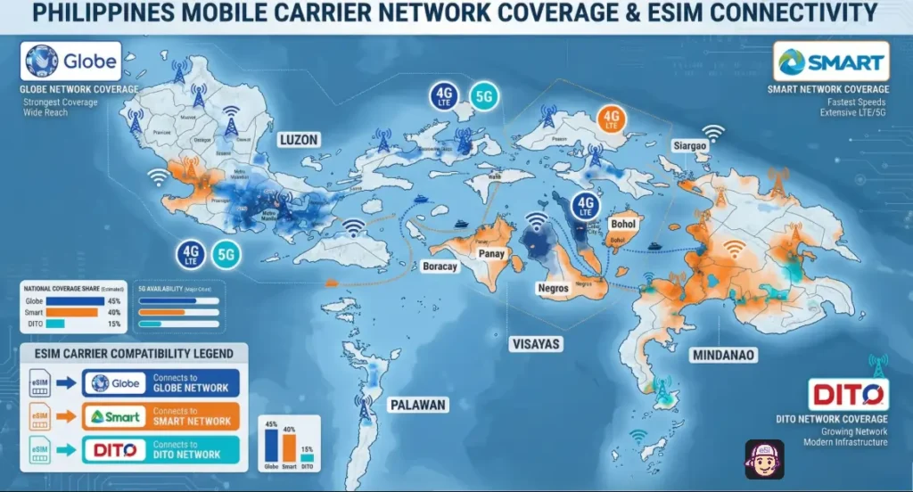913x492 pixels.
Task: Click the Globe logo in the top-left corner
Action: (x=70, y=61)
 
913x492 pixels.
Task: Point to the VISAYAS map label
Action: (x=535, y=343)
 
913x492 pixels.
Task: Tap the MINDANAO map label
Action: (x=722, y=355)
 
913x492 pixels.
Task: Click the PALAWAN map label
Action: (x=416, y=405)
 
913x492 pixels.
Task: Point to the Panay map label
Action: (x=491, y=253)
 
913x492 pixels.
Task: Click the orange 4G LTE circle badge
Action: (x=611, y=119)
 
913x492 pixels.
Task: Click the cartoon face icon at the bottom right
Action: (x=764, y=459)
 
